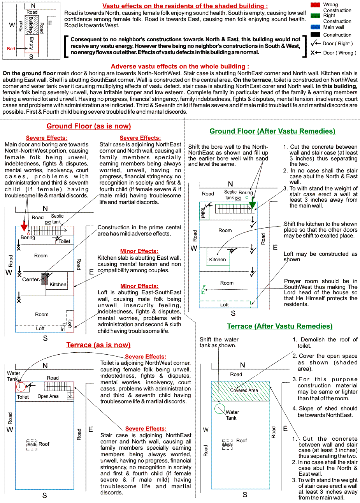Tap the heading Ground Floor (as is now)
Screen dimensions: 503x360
[88, 126]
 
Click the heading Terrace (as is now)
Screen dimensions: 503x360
[98, 345]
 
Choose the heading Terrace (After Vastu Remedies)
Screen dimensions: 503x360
[279, 326]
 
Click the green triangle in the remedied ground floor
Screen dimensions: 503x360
[252, 204]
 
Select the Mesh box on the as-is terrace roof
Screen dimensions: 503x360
[32, 445]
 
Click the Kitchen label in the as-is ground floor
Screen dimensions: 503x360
[58, 285]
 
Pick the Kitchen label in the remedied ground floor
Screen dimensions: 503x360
[218, 260]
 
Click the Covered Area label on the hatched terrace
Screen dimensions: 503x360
[244, 390]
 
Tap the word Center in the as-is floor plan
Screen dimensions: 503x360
[30, 280]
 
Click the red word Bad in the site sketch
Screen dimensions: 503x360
[11, 49]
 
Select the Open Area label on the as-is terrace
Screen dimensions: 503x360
[48, 396]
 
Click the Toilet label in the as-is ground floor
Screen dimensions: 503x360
[65, 241]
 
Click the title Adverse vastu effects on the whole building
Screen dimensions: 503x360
[180, 67]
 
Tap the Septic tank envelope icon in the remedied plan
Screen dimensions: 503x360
[238, 198]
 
